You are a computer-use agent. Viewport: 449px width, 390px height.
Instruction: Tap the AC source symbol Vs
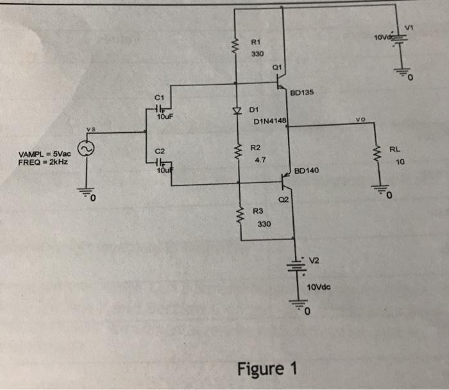click(x=85, y=149)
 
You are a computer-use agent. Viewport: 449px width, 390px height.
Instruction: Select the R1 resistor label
click(x=255, y=42)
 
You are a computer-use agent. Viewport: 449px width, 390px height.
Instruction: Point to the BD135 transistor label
click(x=301, y=93)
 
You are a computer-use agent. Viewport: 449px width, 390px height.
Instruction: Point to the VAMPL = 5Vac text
click(x=43, y=155)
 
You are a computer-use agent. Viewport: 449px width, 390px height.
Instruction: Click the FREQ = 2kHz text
click(x=43, y=162)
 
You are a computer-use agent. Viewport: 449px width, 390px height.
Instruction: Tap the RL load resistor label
click(x=400, y=150)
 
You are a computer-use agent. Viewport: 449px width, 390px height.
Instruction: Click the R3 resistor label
click(x=258, y=210)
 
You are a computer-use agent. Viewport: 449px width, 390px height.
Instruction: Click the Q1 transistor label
click(x=277, y=66)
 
